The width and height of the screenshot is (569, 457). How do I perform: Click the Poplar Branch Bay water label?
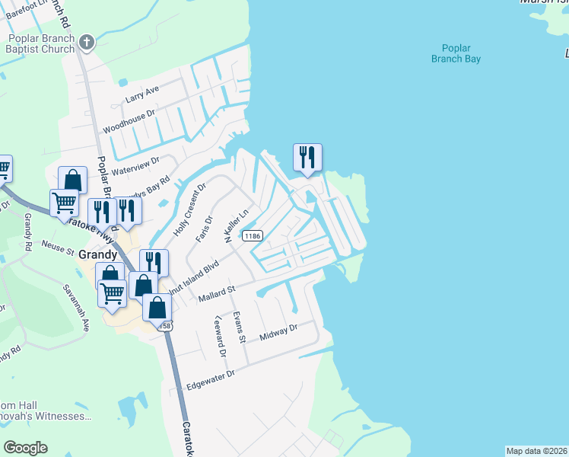[456, 52]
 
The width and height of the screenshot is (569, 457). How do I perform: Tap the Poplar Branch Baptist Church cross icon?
[87, 42]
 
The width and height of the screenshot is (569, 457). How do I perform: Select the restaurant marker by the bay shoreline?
[307, 158]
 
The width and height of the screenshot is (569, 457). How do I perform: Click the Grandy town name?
[97, 254]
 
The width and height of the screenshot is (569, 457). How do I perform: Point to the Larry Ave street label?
[142, 94]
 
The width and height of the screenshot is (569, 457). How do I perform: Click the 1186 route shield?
[253, 236]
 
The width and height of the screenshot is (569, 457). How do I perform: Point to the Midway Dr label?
[278, 331]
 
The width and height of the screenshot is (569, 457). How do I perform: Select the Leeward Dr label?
[221, 337]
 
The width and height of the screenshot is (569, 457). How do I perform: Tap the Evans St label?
[240, 328]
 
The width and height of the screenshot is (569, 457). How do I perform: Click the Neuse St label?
[59, 249]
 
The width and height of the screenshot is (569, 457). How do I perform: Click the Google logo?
[25, 448]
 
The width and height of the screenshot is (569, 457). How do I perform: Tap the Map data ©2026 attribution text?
[536, 451]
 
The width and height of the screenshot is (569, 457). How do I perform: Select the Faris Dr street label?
[203, 228]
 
